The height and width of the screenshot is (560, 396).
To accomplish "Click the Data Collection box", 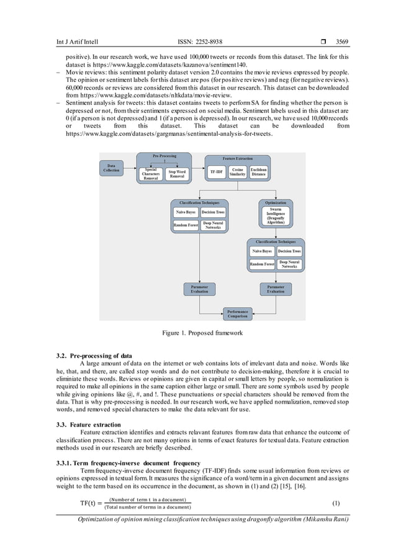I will coord(112,168).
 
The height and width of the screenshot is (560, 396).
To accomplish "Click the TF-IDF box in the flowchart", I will coord(217,170).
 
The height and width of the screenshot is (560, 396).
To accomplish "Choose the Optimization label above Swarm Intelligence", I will coord(276,202).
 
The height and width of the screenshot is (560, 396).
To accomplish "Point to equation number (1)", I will coord(336,502).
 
